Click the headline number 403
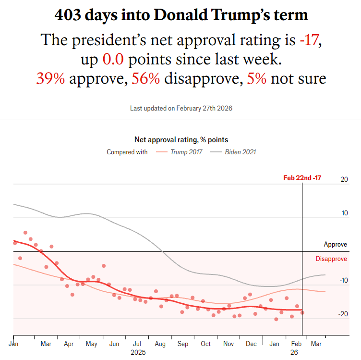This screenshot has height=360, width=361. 68,15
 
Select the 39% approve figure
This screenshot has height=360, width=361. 50,78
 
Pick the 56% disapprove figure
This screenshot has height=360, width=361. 145,78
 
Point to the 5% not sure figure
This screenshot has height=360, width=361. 257,78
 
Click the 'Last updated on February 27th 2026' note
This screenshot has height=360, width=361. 181,109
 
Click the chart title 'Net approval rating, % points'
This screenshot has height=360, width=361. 181,140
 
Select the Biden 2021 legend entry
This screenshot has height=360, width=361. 241,152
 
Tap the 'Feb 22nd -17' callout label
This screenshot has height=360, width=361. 302,178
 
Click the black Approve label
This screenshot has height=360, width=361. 336,245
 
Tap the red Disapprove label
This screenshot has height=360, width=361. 331,259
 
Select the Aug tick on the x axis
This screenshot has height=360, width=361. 160,344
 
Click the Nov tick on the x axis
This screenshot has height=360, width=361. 229,344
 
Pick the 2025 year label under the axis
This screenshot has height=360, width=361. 138,352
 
